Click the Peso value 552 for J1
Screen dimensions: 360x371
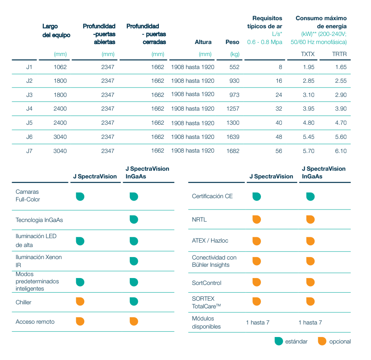click(234, 67)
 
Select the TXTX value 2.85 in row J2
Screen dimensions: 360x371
click(308, 81)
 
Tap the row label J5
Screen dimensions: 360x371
click(29, 123)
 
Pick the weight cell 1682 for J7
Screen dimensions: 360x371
click(233, 151)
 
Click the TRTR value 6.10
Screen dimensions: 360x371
click(341, 151)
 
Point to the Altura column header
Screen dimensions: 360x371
click(203, 42)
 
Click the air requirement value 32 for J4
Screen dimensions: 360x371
click(279, 109)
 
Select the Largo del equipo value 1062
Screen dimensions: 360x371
click(60, 67)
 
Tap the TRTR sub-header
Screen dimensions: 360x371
click(339, 54)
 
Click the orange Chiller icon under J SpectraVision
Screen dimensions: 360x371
click(80, 301)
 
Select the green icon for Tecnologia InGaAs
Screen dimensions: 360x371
click(134, 220)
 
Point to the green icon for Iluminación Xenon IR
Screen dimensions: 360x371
click(134, 261)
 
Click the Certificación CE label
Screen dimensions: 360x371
click(212, 196)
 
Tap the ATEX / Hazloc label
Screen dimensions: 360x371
click(210, 241)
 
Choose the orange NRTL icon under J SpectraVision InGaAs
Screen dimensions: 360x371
click(310, 220)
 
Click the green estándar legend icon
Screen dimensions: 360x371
click(278, 341)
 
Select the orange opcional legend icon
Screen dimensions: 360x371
click(322, 341)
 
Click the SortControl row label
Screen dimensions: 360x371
click(206, 283)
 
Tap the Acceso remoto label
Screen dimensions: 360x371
click(35, 322)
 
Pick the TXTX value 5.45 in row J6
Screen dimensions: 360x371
click(308, 137)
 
